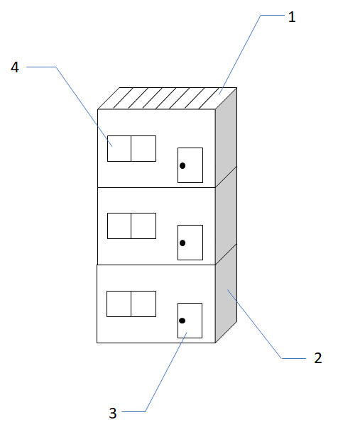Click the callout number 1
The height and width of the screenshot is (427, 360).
(291, 18)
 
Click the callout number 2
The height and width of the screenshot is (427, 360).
(317, 357)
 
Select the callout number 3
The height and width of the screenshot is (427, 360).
(112, 414)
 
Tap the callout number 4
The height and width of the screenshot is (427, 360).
(15, 67)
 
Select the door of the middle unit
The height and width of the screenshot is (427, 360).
(190, 243)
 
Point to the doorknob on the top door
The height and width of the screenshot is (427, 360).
(182, 166)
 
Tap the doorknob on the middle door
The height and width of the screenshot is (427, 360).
(182, 243)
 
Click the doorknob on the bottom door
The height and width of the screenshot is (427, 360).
(182, 321)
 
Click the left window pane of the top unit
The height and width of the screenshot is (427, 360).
(119, 148)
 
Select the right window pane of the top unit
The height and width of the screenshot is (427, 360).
(143, 148)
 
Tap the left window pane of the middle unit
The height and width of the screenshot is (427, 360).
(119, 226)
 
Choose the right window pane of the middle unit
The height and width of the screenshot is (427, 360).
(143, 226)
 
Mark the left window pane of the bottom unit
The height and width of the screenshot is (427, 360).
(119, 303)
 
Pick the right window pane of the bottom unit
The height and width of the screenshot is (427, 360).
(143, 303)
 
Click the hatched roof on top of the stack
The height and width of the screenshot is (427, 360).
(167, 99)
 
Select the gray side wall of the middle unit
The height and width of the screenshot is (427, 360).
(226, 216)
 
